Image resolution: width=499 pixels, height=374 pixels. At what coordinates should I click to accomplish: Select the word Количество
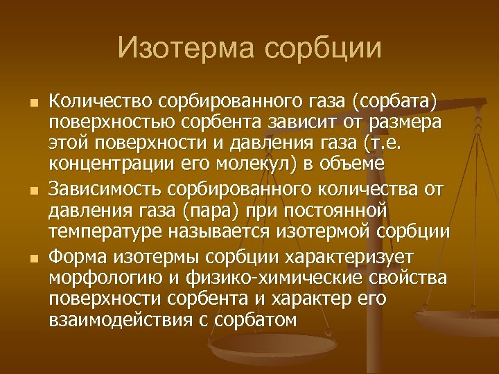click(102, 102)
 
